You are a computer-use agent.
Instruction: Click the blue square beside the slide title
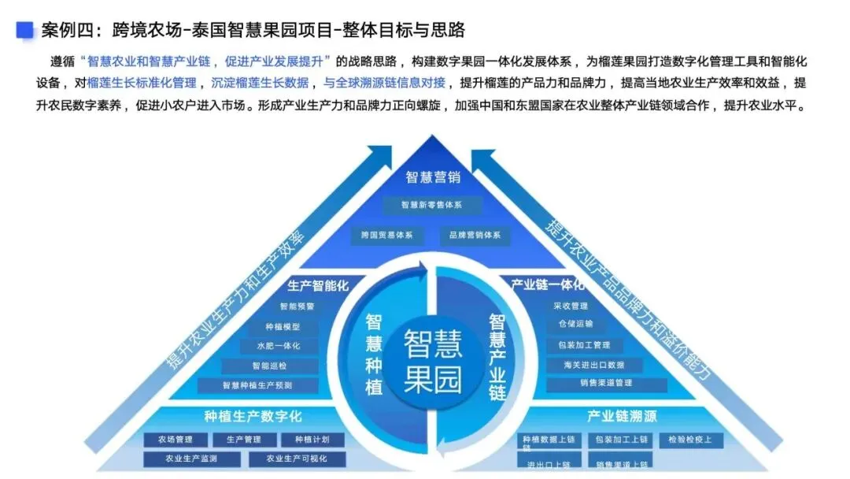26,30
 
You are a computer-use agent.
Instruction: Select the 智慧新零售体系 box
431,205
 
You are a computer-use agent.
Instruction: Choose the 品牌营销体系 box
475,235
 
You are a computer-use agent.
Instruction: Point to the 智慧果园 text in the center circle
432,362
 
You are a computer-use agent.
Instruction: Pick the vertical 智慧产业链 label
497,357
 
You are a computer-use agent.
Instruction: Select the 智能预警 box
297,306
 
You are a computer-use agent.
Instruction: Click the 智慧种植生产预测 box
257,385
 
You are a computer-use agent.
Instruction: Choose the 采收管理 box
571,306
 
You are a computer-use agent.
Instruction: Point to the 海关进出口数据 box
594,365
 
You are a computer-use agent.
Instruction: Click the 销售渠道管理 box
607,384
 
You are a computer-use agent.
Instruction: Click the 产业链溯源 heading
621,416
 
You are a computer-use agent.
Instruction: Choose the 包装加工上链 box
622,440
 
